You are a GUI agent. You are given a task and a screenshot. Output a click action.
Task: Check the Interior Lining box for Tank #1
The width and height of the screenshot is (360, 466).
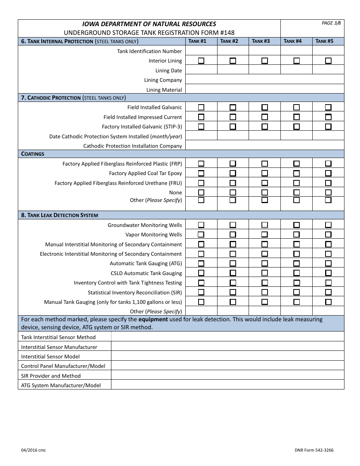coord(201,61)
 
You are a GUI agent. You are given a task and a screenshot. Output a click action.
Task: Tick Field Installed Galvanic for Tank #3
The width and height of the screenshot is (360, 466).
coord(265,107)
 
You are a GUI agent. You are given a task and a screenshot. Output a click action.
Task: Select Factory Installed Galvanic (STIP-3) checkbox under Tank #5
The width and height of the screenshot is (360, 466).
coord(328,127)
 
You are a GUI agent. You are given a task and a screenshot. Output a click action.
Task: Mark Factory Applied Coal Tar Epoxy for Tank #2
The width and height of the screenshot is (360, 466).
coord(233,173)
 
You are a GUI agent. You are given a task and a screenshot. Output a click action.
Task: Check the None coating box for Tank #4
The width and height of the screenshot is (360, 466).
coord(296,192)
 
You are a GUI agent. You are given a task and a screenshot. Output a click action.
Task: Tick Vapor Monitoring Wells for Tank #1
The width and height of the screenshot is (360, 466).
coord(201,235)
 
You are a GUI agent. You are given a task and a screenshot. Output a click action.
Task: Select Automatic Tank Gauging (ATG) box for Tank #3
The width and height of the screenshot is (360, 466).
coord(265,263)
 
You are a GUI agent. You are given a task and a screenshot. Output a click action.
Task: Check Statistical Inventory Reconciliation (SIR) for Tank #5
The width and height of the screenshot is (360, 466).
coord(328,292)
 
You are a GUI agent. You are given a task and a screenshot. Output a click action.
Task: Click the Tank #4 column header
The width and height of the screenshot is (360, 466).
coord(296,41)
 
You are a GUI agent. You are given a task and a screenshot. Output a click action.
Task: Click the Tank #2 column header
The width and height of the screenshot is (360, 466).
coord(233,41)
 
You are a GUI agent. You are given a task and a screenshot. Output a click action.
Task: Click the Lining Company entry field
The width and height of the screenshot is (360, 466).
coord(265,80)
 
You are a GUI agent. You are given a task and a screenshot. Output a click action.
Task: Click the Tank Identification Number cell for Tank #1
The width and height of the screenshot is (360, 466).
coord(201,51)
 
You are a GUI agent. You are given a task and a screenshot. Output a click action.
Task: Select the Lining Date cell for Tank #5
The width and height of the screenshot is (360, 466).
coord(328,70)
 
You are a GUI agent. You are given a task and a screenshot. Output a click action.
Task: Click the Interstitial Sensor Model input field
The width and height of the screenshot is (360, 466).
coord(227,357)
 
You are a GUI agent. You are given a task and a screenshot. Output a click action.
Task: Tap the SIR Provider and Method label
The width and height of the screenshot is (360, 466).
coord(51,376)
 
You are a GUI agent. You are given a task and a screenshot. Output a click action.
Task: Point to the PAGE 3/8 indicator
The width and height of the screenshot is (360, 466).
coord(331,23)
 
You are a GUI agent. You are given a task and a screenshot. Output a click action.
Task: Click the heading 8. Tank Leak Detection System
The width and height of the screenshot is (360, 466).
coord(59,215)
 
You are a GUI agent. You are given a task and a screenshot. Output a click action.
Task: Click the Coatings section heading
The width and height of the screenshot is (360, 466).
coord(33,154)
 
